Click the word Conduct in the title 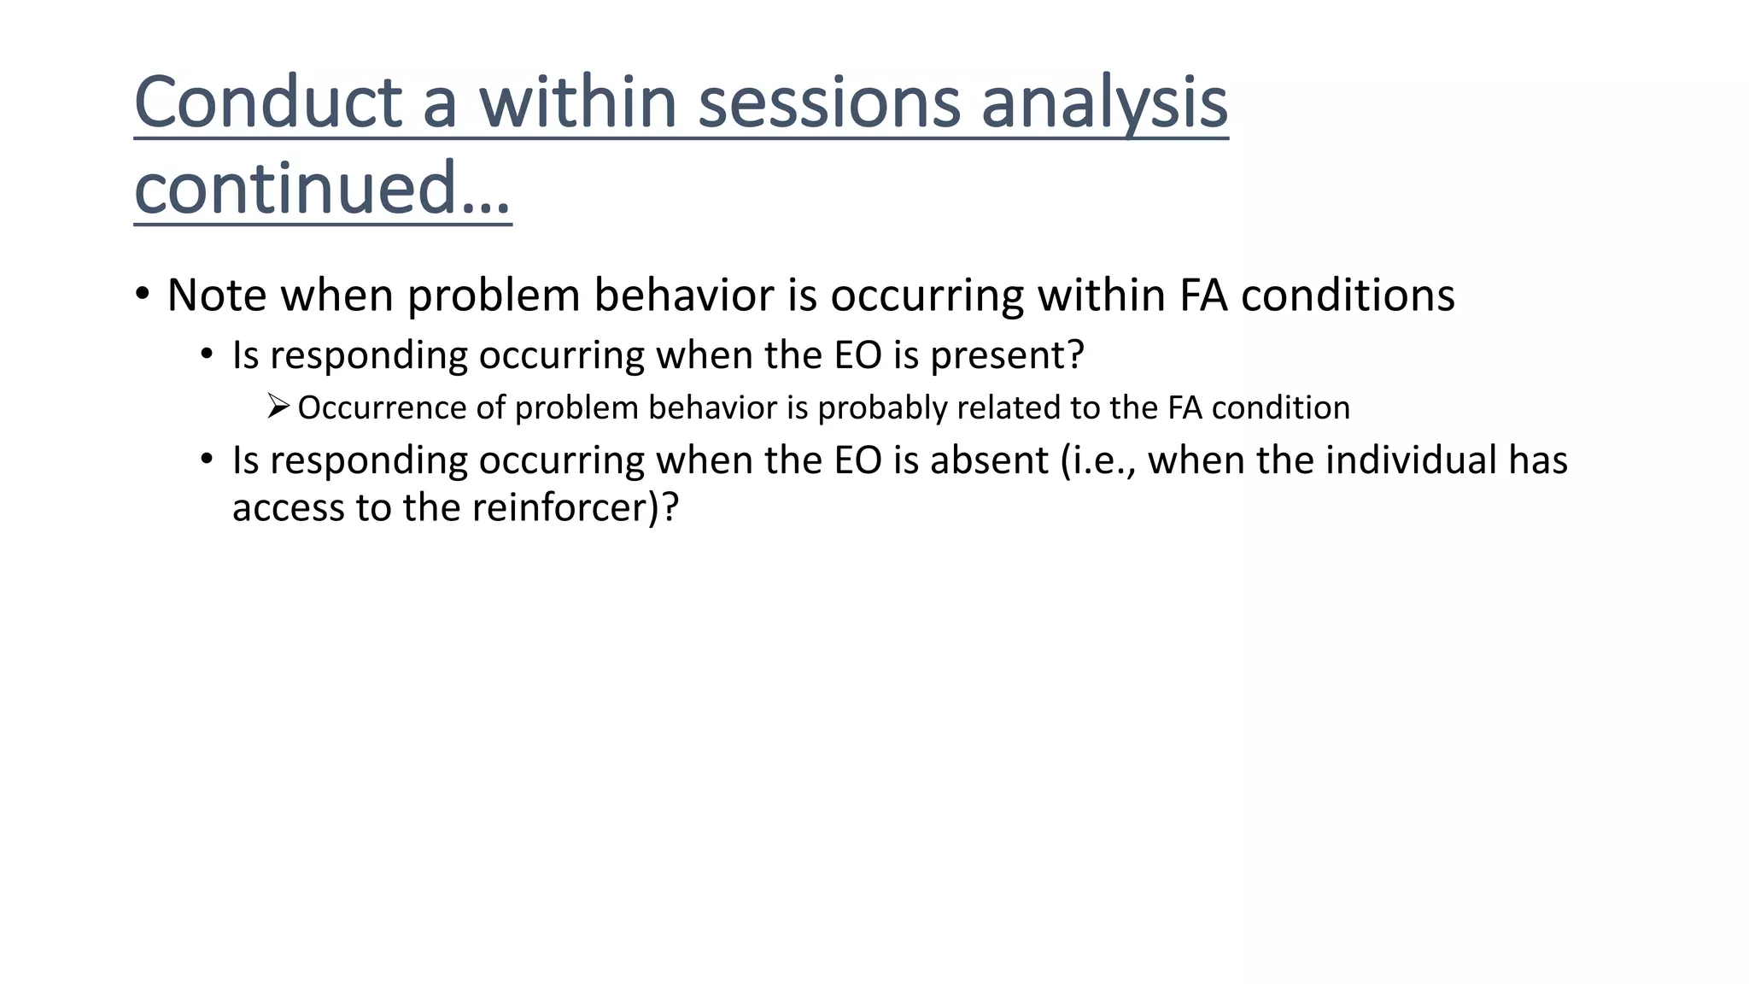(x=268, y=102)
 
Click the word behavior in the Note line (x=684, y=296)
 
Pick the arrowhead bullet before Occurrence (x=278, y=407)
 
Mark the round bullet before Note (x=143, y=295)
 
